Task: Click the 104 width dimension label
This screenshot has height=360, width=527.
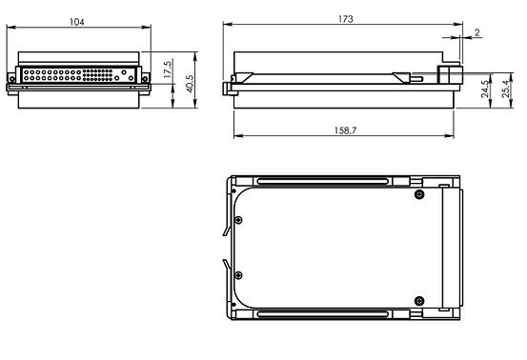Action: [76, 22]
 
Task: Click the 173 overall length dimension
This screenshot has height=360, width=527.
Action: [346, 19]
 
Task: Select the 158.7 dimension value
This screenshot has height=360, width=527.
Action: [345, 130]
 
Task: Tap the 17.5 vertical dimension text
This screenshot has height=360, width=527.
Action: [168, 70]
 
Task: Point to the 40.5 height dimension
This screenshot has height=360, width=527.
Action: [190, 83]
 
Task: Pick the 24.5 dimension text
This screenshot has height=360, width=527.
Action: [485, 89]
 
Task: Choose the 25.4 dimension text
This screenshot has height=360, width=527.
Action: [506, 89]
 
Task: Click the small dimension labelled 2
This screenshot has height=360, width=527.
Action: [477, 32]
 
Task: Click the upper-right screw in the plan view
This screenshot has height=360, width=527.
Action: [418, 194]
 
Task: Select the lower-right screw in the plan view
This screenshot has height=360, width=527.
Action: [418, 301]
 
